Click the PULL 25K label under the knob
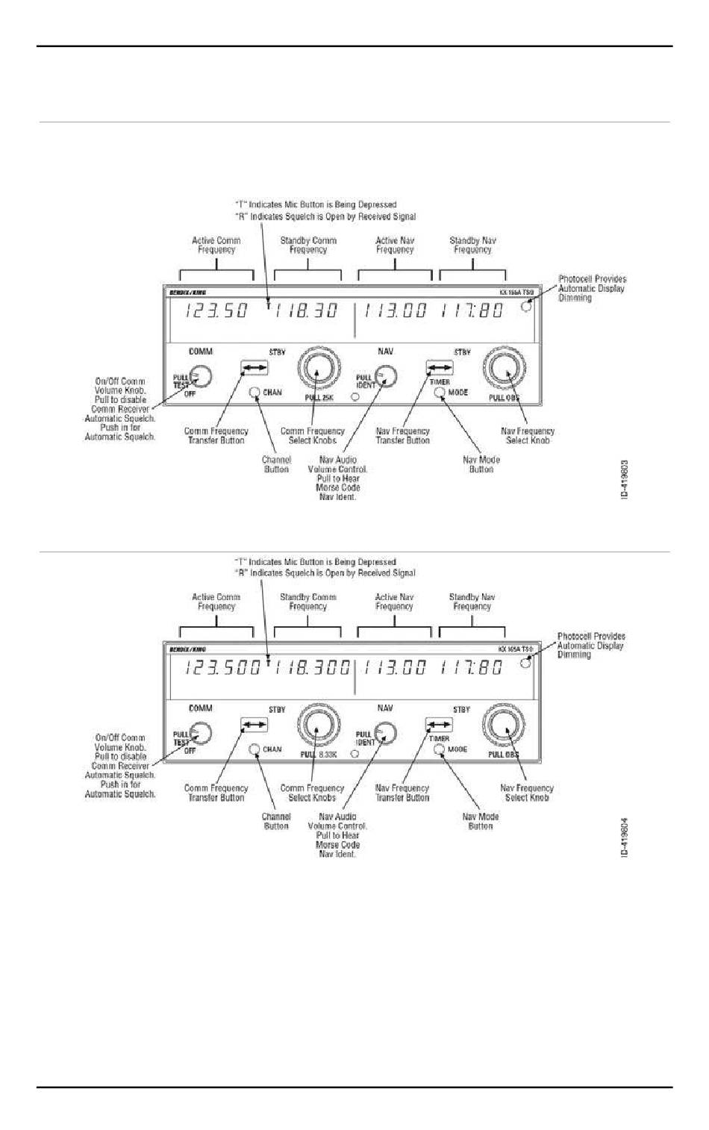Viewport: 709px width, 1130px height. [x=319, y=398]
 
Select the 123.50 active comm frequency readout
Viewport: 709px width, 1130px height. [x=216, y=311]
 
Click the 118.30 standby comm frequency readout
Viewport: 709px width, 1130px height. [x=306, y=311]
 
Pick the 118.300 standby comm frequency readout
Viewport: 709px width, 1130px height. [x=312, y=667]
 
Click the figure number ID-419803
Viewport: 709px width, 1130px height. [x=625, y=480]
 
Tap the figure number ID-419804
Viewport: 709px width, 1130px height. [x=625, y=837]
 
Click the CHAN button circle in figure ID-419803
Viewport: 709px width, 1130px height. [x=255, y=393]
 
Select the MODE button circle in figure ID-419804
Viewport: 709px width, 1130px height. [x=440, y=749]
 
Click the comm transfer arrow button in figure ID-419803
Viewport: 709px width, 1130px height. [x=254, y=367]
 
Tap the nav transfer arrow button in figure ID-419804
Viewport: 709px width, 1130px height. [x=439, y=724]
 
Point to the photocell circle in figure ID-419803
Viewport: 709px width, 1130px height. [x=527, y=306]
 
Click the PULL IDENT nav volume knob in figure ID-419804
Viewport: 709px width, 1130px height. [x=385, y=733]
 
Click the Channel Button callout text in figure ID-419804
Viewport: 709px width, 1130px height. [x=276, y=821]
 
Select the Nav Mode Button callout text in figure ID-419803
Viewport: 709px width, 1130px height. [x=481, y=464]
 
